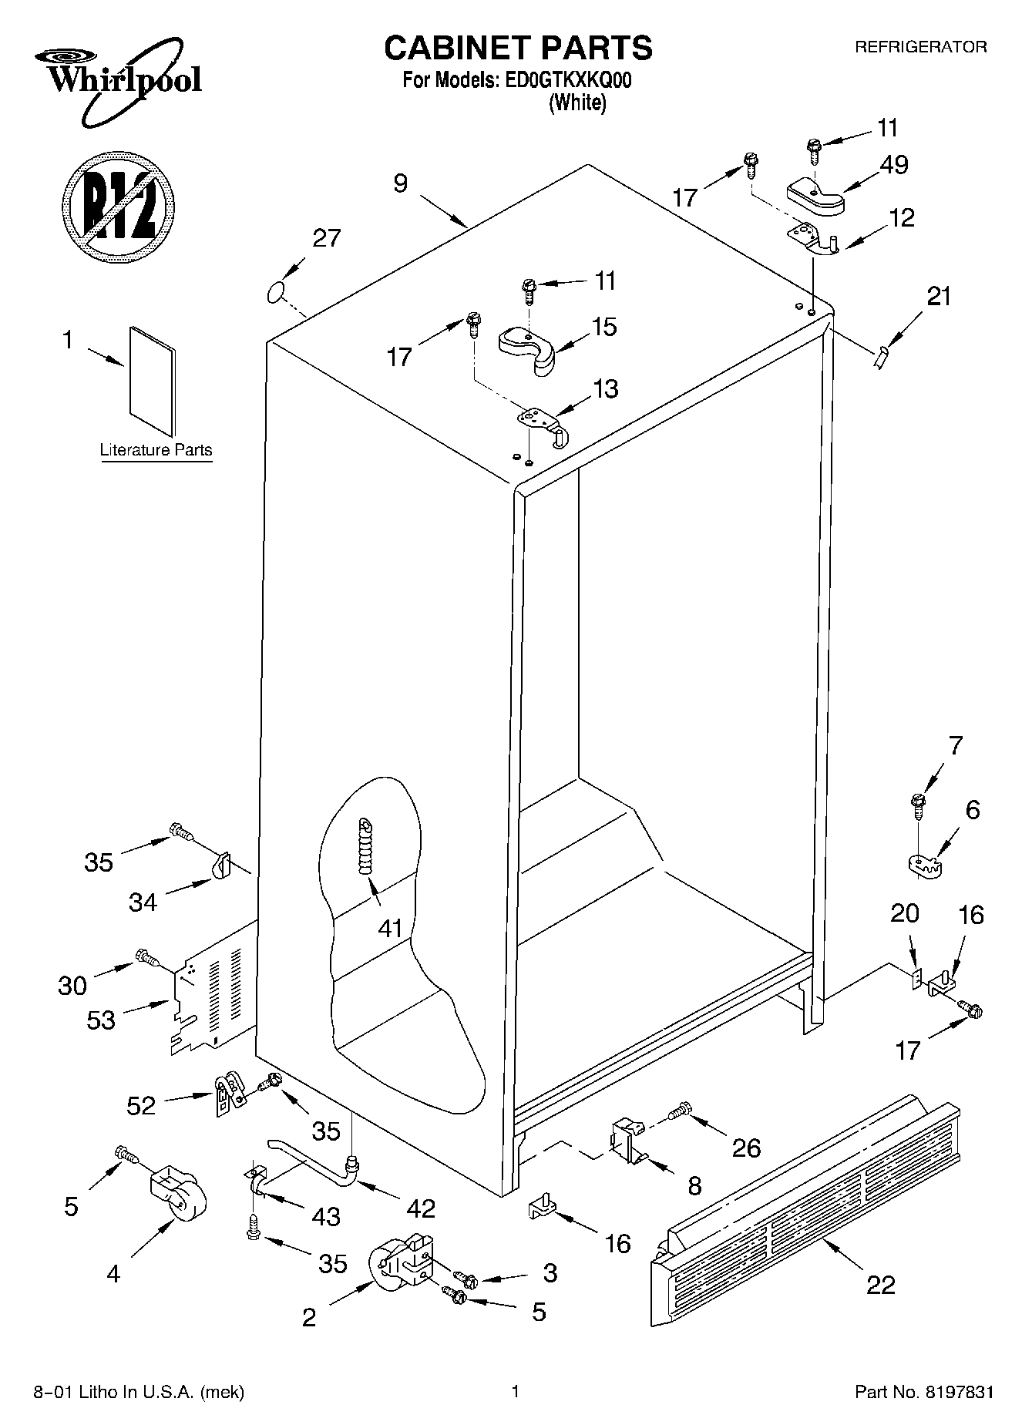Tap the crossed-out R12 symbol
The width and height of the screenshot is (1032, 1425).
tap(118, 204)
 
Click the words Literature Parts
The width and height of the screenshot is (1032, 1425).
tap(156, 450)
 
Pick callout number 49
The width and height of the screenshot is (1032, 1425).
tap(893, 164)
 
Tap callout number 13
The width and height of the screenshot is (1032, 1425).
tap(605, 388)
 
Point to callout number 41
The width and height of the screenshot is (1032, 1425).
tap(391, 927)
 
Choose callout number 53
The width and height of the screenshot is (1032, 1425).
tap(101, 1020)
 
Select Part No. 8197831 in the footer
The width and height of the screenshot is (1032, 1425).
tap(923, 1392)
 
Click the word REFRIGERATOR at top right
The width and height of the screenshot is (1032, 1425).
tap(920, 47)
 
